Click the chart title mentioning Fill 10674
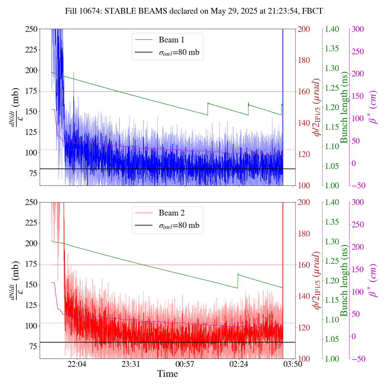click(x=194, y=11)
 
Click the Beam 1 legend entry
click(x=171, y=40)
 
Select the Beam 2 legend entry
click(x=171, y=213)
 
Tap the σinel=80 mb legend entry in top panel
click(x=179, y=52)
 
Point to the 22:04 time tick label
click(x=77, y=364)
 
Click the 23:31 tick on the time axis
click(x=131, y=364)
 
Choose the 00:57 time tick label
click(x=185, y=364)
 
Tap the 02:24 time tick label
click(x=239, y=364)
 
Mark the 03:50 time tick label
click(x=293, y=364)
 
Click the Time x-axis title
click(x=167, y=374)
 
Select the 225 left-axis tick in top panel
click(x=31, y=50)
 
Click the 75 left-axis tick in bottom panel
click(x=33, y=346)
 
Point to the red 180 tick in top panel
click(x=304, y=60)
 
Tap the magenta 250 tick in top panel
click(x=358, y=52)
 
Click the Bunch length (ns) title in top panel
click(x=344, y=107)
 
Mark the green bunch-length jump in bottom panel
click(x=238, y=281)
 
